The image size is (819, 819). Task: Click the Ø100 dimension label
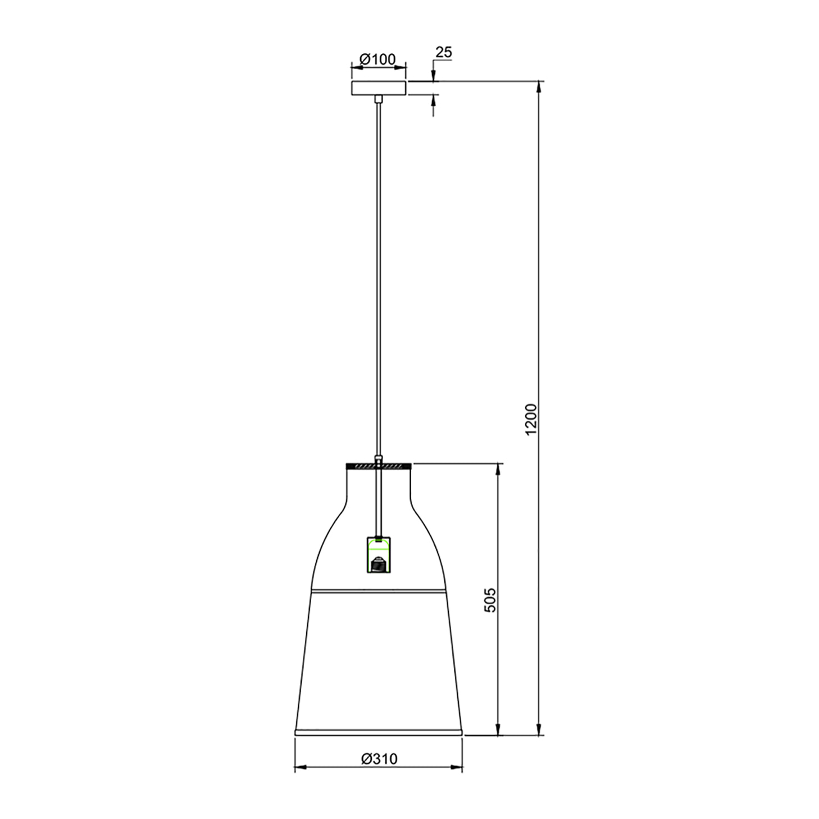click(378, 58)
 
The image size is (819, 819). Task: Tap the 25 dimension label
click(443, 52)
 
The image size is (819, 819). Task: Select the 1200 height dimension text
click(530, 419)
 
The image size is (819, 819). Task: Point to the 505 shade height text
click(490, 599)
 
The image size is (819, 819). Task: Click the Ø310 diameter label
click(379, 758)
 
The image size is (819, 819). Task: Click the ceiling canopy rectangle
click(378, 88)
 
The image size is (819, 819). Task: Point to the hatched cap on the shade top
click(378, 466)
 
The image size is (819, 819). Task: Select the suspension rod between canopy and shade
click(378, 281)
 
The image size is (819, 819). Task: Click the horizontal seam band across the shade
click(378, 591)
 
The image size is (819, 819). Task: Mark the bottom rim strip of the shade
click(378, 732)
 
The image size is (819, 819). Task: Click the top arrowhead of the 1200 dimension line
click(539, 86)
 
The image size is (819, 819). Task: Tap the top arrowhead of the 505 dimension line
click(498, 468)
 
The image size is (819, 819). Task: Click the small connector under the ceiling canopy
click(378, 99)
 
